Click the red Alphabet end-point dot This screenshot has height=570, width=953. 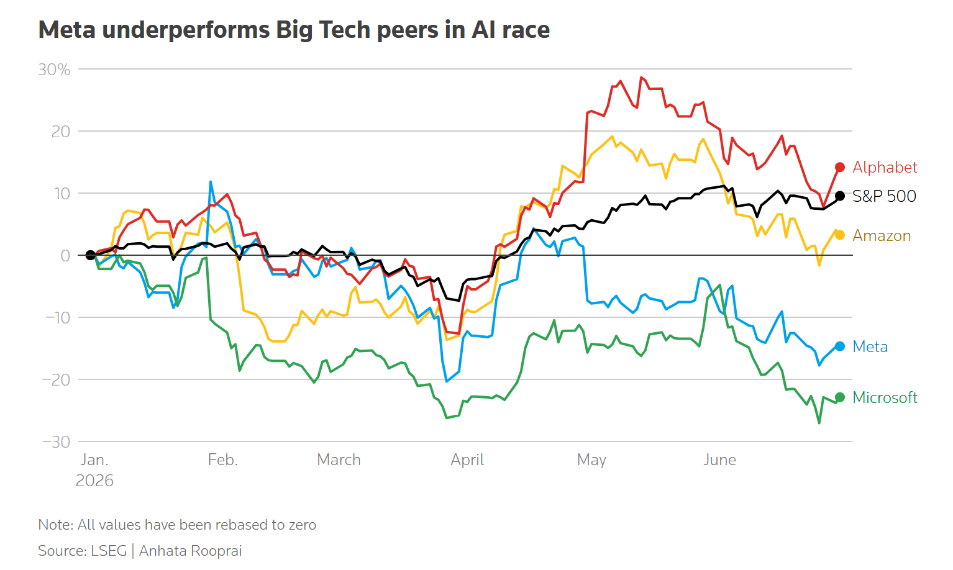(840, 168)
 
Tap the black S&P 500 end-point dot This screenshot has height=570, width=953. (840, 196)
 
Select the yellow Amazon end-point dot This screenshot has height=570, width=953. (840, 235)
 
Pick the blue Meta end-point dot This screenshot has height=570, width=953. (840, 346)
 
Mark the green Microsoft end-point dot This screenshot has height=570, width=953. (840, 397)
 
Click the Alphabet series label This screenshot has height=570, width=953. (885, 168)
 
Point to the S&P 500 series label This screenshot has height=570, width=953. (884, 196)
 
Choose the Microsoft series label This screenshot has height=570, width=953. (885, 397)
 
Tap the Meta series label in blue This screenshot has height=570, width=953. (870, 346)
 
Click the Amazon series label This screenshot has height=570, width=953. (882, 236)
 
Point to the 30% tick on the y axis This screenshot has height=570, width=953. (54, 70)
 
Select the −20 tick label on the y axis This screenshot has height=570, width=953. (56, 380)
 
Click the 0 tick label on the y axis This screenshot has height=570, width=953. (65, 256)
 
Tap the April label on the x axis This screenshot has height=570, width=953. (467, 460)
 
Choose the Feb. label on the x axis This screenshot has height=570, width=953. (222, 460)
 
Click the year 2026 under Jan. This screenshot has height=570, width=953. (94, 481)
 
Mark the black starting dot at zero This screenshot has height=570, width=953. (90, 255)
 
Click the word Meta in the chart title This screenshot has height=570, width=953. (67, 29)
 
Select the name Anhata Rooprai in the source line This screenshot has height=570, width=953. (190, 551)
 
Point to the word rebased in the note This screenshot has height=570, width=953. (242, 525)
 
